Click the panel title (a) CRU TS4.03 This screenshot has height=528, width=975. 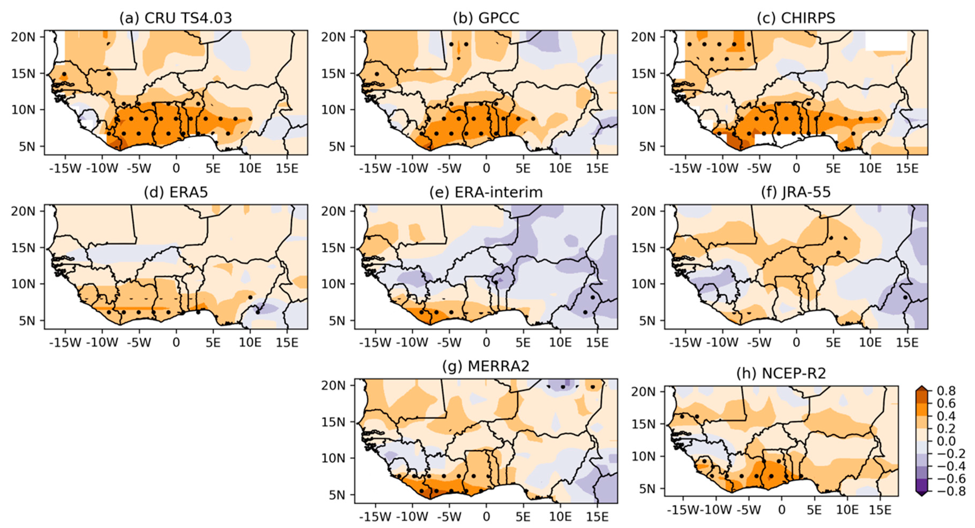tap(176, 18)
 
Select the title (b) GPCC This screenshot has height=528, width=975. tap(486, 18)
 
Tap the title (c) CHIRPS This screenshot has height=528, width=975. tap(796, 18)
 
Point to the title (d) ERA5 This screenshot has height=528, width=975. tap(176, 192)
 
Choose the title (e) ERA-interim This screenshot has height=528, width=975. tap(486, 192)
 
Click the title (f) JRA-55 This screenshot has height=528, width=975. tap(796, 192)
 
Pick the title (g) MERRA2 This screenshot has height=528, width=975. tap(486, 366)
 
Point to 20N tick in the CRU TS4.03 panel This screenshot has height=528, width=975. tap(23, 37)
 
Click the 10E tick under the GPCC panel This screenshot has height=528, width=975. tap(560, 168)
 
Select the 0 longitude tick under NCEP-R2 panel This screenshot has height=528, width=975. tap(782, 510)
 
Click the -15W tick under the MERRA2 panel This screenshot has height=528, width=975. tap(375, 517)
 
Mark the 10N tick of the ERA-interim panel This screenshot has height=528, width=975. tap(333, 284)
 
